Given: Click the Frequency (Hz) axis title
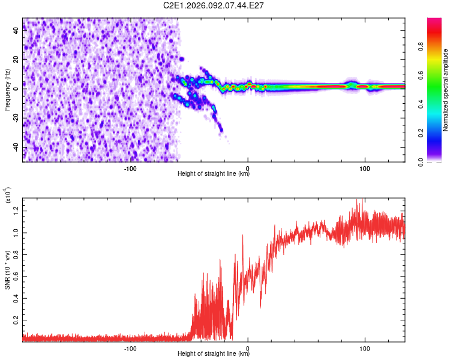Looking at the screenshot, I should click(x=7, y=90).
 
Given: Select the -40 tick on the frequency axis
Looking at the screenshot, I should click(x=16, y=148).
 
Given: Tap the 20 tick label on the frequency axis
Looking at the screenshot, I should click(x=16, y=60).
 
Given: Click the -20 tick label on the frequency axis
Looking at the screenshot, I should click(x=16, y=118).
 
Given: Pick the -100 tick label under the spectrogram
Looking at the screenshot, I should click(x=130, y=167).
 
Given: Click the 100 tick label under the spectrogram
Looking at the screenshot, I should click(x=364, y=167).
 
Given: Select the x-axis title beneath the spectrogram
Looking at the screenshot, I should click(x=214, y=174).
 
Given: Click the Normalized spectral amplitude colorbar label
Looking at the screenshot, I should click(x=445, y=90).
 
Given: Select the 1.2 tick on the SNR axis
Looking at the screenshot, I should click(x=16, y=210).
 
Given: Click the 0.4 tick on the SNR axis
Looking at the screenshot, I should click(x=16, y=298).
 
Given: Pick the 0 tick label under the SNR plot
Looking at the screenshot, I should click(x=248, y=347).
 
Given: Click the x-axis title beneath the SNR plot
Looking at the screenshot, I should click(x=214, y=354).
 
